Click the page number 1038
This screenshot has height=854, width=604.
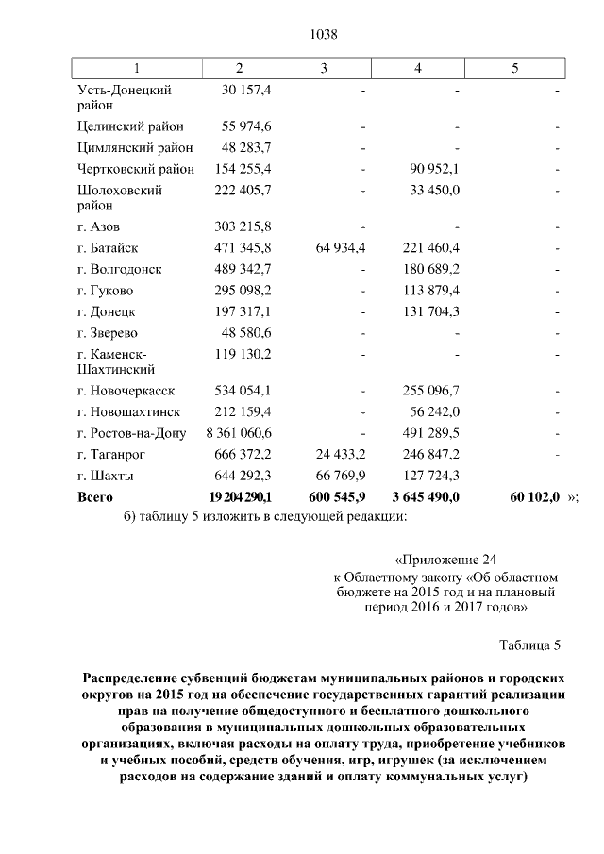tap(324, 35)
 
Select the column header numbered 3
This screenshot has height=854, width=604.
tap(324, 68)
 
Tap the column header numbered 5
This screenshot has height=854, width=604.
tap(514, 68)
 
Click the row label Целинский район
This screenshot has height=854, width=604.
tap(130, 126)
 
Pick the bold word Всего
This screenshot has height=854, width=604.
tap(95, 496)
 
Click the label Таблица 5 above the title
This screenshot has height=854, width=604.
tap(529, 645)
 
